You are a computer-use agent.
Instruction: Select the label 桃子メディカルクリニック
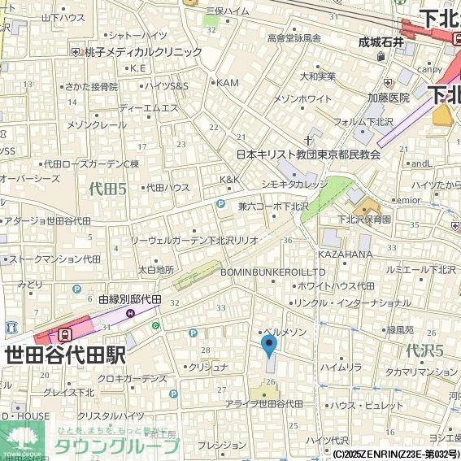coord(141,51)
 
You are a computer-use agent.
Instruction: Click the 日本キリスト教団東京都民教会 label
coord(308,154)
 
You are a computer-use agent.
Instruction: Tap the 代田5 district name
coord(107,189)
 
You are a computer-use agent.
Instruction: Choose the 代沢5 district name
coord(424,351)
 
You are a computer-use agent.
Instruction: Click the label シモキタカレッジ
coord(294,185)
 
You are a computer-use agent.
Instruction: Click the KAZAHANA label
coord(345,254)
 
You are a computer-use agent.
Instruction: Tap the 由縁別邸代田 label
coord(130,300)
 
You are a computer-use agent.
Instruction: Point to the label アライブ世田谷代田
coord(264,404)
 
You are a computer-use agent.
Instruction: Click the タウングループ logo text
coord(115,446)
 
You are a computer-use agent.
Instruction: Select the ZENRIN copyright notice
coord(395,454)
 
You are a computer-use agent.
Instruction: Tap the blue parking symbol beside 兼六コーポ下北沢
coord(220,206)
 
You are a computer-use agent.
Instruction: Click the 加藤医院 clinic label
coord(388,98)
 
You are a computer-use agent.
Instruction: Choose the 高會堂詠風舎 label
coord(295,37)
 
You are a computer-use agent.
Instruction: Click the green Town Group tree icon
coord(22,440)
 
